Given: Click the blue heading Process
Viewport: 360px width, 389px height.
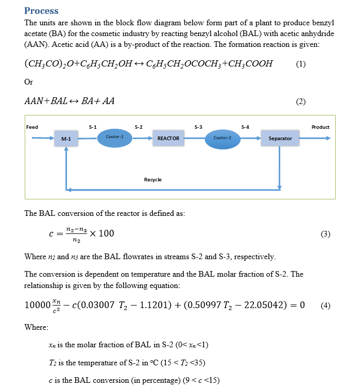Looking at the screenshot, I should click(x=41, y=11).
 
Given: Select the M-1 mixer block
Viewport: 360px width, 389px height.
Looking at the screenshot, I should click(x=66, y=139).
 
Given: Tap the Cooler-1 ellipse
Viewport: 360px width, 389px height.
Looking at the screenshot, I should click(x=114, y=137).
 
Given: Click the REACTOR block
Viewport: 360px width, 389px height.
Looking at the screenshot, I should click(x=168, y=138).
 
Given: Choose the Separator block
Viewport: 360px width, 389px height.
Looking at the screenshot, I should click(x=280, y=138).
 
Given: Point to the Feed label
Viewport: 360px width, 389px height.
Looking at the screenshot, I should click(x=32, y=127).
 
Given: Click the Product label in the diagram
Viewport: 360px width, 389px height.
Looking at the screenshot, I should click(x=320, y=127).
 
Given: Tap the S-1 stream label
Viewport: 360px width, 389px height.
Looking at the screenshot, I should click(x=93, y=127).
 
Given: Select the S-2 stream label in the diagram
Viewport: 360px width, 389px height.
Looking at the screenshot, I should click(x=139, y=127).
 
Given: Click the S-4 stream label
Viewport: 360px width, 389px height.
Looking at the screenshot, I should click(x=245, y=127).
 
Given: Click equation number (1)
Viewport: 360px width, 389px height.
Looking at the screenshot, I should click(x=301, y=64).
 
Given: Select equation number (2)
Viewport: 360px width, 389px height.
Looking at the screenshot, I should click(x=301, y=102).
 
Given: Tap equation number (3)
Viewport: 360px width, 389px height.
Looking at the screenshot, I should click(x=325, y=234).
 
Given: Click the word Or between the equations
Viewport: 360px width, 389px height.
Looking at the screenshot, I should click(x=29, y=82).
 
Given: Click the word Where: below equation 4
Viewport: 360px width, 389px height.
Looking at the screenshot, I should click(x=36, y=327).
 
